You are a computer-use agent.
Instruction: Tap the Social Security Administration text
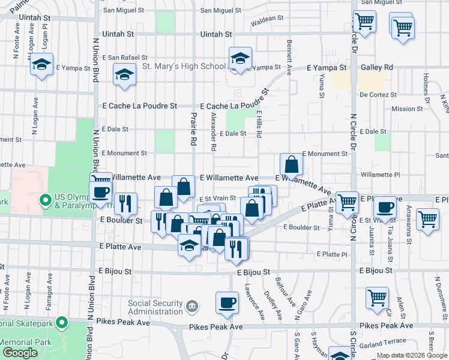(x=155, y=307)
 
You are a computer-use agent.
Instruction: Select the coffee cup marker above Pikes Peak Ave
(x=226, y=302)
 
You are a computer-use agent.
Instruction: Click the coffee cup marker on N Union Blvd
(x=100, y=192)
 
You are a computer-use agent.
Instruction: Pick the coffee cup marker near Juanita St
(x=384, y=208)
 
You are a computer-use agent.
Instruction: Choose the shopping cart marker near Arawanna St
(x=427, y=219)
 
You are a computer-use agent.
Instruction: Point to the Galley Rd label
(x=377, y=68)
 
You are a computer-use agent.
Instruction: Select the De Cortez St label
(x=378, y=95)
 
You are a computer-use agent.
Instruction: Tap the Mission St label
(x=407, y=109)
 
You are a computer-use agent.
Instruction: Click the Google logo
(x=20, y=353)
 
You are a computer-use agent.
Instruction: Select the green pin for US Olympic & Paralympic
(x=44, y=199)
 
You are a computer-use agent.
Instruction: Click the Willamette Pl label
(x=385, y=175)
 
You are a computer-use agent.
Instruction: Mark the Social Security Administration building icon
(x=191, y=307)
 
